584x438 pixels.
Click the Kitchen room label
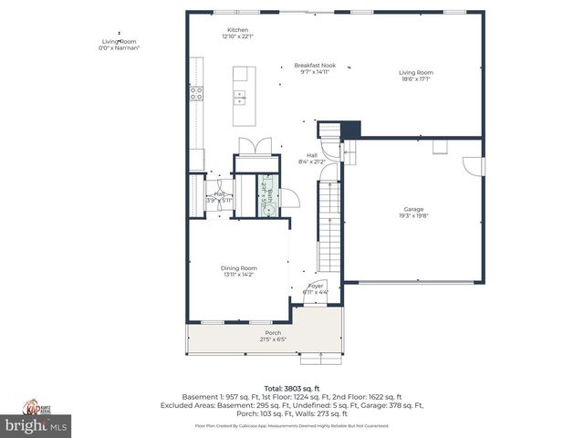click(237, 33)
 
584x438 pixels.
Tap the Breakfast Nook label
click(311, 68)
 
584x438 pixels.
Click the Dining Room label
click(237, 271)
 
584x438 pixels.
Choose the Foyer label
click(316, 289)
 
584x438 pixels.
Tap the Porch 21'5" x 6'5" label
click(273, 336)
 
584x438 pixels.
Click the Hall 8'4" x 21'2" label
click(311, 158)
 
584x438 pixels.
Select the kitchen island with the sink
click(242, 96)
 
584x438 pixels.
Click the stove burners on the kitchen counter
click(195, 91)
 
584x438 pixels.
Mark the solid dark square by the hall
click(351, 129)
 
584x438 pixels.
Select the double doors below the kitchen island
click(248, 145)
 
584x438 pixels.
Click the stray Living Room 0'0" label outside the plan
click(118, 44)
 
